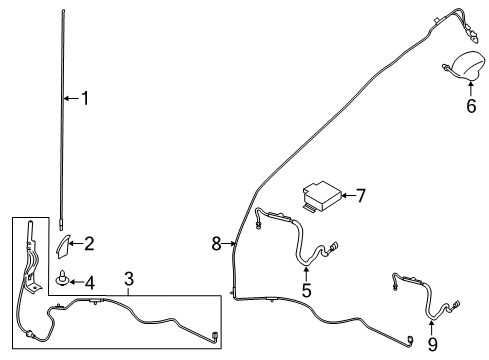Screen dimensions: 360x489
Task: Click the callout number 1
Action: coord(86,98)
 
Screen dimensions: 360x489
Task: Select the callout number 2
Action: coord(89,243)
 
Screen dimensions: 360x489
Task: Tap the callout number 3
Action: coord(129,277)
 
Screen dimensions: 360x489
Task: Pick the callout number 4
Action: coord(89,282)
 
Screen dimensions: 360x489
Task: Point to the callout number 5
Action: coord(307,291)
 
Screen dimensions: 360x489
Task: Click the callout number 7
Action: coord(361,196)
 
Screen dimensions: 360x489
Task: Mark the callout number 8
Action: coord(215,242)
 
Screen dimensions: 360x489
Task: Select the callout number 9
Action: coord(432,345)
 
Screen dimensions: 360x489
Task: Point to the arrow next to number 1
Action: coord(70,98)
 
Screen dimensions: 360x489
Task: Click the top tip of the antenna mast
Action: coord(63,10)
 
